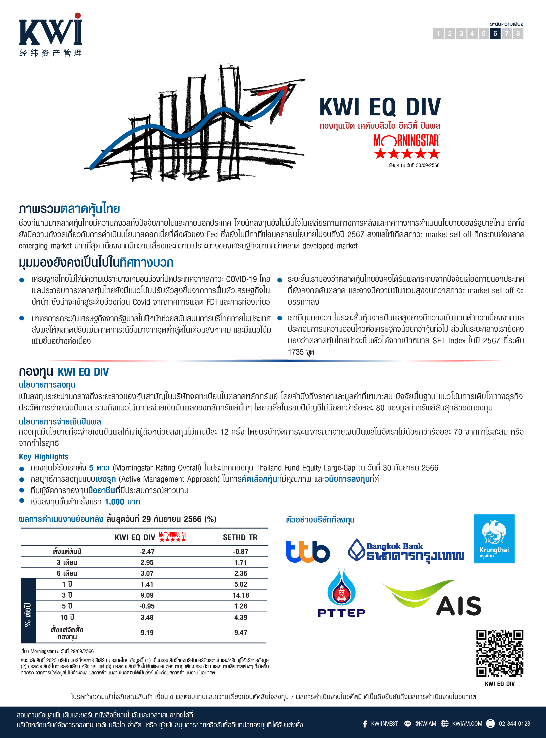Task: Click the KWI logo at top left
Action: (x=50, y=35)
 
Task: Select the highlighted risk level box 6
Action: (x=495, y=33)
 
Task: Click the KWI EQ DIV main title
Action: (x=380, y=107)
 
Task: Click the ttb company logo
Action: (x=308, y=551)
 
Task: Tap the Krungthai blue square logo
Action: (x=494, y=538)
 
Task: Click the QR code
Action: (x=499, y=653)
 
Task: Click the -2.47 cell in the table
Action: (x=147, y=551)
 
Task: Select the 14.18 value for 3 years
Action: (x=241, y=595)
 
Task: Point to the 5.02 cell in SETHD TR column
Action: (x=241, y=584)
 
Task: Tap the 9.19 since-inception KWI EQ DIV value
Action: (x=147, y=632)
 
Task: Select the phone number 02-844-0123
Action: (x=514, y=724)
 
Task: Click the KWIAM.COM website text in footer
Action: (x=467, y=724)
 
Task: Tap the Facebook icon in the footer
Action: (x=365, y=724)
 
